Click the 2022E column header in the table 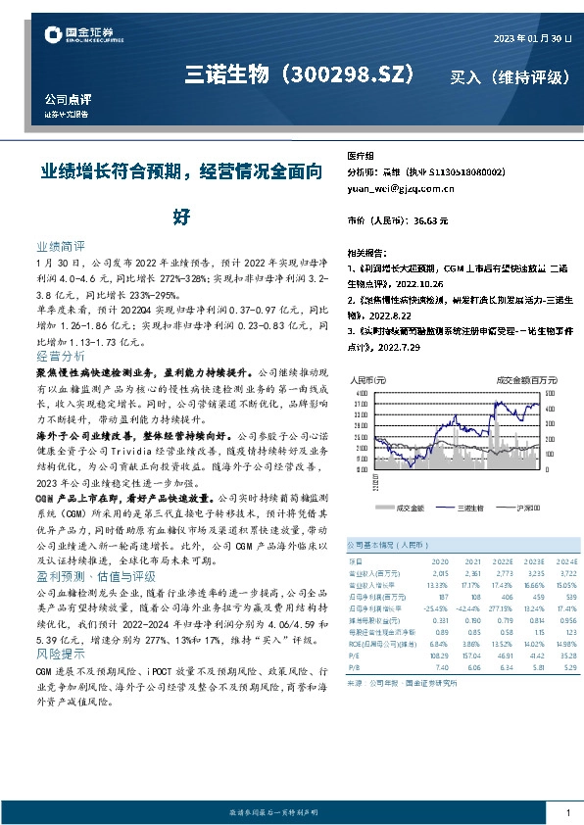coord(477,560)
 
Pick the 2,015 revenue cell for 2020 coord(438,571)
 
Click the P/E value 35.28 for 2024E coord(556,654)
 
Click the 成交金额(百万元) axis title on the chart coord(527,378)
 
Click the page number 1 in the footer coord(568,812)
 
